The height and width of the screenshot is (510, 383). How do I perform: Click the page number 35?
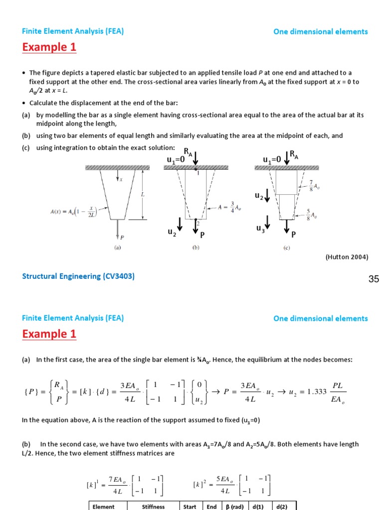click(x=374, y=279)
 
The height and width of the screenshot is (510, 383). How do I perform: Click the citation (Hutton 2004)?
click(x=347, y=257)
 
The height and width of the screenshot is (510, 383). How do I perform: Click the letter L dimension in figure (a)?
click(x=143, y=194)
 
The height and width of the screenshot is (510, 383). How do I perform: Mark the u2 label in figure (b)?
click(x=172, y=232)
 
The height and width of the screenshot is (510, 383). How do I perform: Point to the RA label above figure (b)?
click(x=187, y=151)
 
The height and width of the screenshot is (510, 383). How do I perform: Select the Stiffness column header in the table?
click(x=153, y=507)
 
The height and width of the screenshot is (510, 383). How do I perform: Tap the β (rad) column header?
click(x=233, y=507)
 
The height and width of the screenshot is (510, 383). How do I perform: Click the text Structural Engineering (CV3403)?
click(x=78, y=276)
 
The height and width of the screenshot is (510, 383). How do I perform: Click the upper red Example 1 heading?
click(x=49, y=47)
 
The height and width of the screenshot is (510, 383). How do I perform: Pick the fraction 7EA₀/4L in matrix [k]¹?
click(x=119, y=485)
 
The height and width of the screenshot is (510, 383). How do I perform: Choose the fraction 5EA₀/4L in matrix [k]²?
click(x=225, y=485)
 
